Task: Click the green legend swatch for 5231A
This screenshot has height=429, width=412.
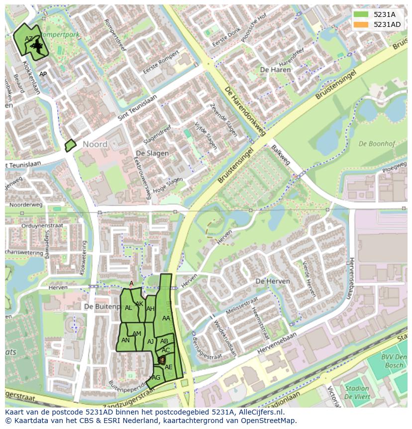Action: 361,14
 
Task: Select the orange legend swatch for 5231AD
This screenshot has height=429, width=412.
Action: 361,24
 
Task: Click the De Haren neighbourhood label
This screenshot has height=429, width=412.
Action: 275,70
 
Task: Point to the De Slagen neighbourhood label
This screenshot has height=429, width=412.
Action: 152,153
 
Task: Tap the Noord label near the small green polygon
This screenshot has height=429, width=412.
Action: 95,144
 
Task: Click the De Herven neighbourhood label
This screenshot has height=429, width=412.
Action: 272,282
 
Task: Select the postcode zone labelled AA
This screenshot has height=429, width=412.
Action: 166,318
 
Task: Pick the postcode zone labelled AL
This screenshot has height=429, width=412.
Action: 128,308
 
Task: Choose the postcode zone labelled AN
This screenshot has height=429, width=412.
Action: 125,340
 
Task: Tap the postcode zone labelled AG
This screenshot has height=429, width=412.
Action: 156,378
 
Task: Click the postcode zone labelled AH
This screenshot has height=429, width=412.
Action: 150,309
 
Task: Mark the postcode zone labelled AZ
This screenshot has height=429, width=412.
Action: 29,38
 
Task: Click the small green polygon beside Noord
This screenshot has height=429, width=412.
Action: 70,145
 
